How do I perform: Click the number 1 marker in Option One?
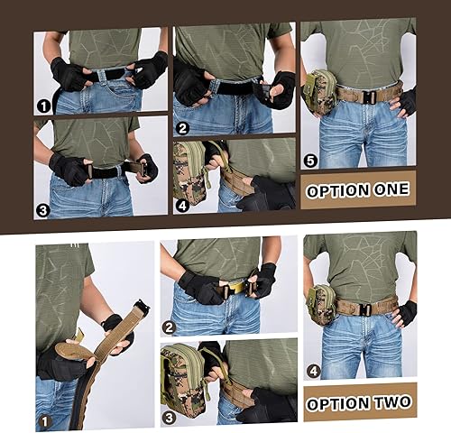[x=42, y=106]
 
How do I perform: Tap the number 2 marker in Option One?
[x=181, y=127]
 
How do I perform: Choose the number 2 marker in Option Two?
[x=169, y=328]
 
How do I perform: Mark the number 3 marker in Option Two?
[x=169, y=416]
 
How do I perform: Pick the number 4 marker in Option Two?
[x=313, y=370]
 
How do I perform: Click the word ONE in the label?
[x=384, y=190]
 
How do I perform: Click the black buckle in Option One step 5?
[x=365, y=93]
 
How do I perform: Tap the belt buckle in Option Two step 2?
[x=236, y=287]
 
